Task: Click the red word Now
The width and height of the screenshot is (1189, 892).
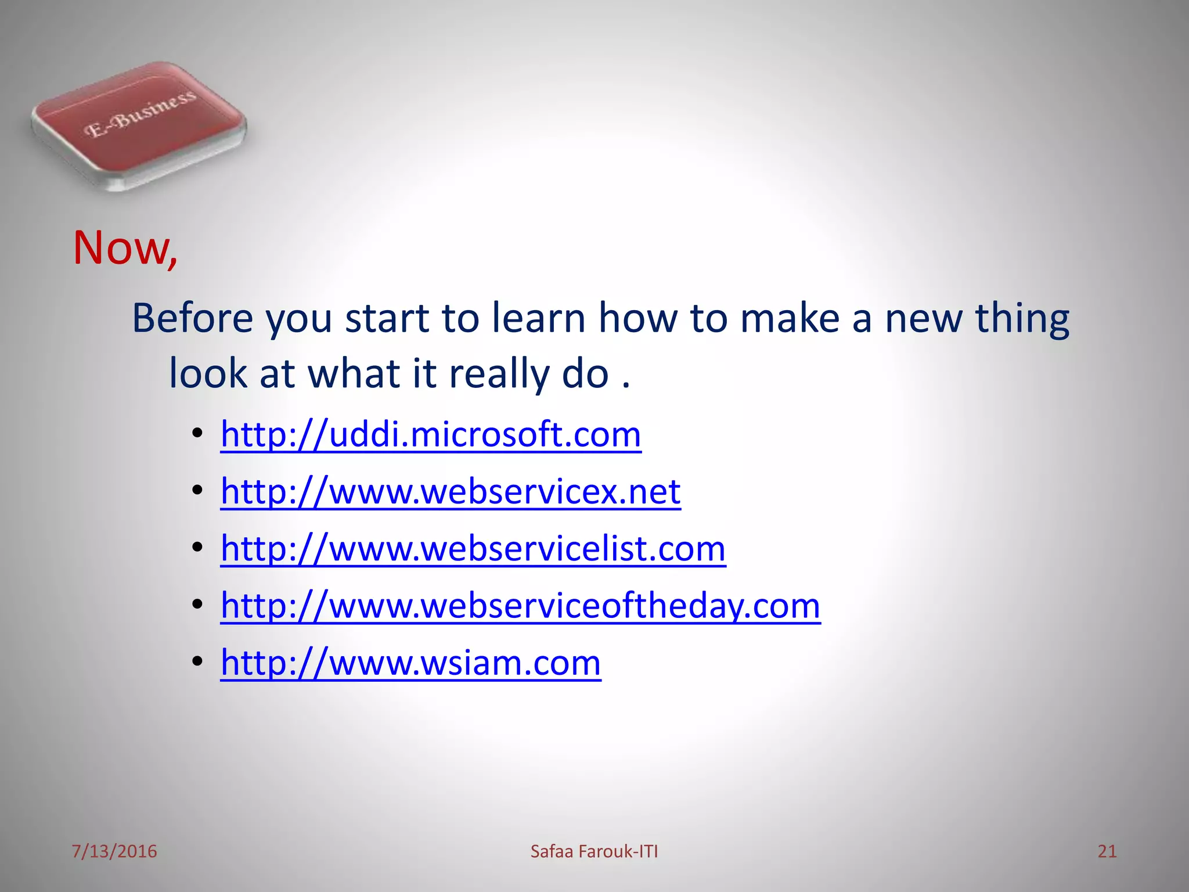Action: pos(124,249)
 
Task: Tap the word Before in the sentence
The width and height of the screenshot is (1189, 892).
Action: pos(193,318)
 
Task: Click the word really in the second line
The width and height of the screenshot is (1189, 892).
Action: pos(499,373)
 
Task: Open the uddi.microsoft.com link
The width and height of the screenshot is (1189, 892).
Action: pos(431,434)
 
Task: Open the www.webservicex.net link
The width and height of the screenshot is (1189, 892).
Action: pos(451,491)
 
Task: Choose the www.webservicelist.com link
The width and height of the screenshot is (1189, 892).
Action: pos(473,548)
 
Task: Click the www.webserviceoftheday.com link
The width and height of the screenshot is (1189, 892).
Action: pos(520,606)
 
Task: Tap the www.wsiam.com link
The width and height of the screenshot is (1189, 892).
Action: pos(410,663)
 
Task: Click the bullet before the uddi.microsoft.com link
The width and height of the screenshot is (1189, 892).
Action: pos(197,434)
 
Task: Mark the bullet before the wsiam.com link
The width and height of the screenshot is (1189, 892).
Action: pos(197,661)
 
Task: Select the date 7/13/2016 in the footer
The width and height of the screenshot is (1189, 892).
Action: pos(114,851)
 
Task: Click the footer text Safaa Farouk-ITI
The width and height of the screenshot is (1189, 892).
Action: pos(594,851)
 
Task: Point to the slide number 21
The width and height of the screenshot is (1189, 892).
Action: pos(1107,851)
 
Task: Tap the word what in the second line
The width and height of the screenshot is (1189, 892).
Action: pos(354,373)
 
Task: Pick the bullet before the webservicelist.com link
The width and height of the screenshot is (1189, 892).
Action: pos(197,548)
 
